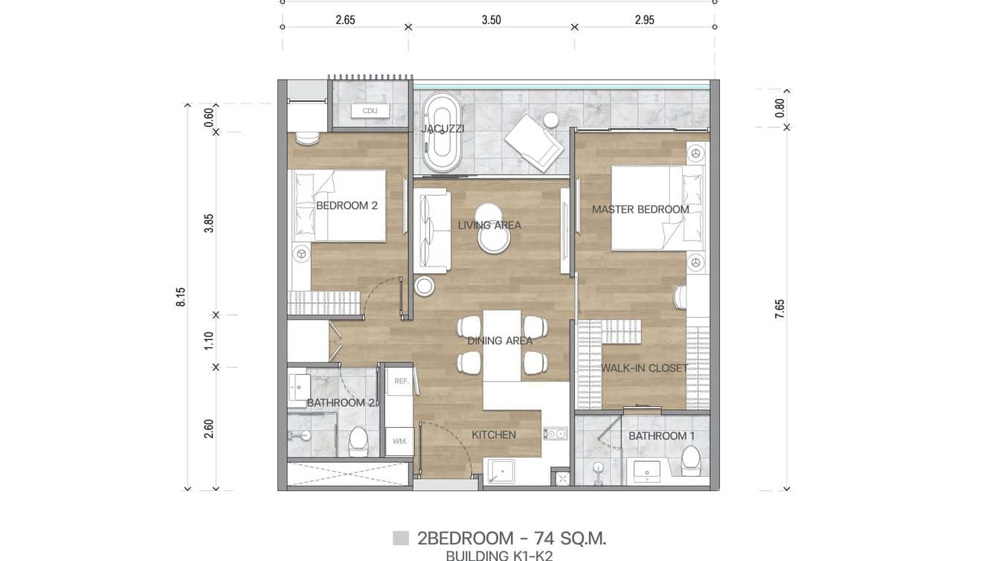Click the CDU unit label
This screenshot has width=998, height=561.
370,111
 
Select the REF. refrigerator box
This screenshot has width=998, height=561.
402,381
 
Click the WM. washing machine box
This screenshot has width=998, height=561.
399,441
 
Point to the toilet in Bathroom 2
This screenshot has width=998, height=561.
358,440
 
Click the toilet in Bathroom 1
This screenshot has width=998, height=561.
691,461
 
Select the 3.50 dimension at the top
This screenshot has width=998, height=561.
491,20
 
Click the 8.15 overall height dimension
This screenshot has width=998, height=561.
181,297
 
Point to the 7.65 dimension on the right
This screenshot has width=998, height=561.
779,309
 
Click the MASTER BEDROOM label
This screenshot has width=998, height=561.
640,210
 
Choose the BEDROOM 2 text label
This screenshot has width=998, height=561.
347,205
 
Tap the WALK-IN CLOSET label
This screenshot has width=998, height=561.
644,368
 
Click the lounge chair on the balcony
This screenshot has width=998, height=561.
534,142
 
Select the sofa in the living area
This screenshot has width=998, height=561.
432,231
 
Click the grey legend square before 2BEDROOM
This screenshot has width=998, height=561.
401,538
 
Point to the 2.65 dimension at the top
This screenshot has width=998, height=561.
345,20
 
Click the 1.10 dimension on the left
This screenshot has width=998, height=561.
209,341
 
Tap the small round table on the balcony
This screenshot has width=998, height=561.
551,120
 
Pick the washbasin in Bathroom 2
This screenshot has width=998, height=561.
300,387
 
